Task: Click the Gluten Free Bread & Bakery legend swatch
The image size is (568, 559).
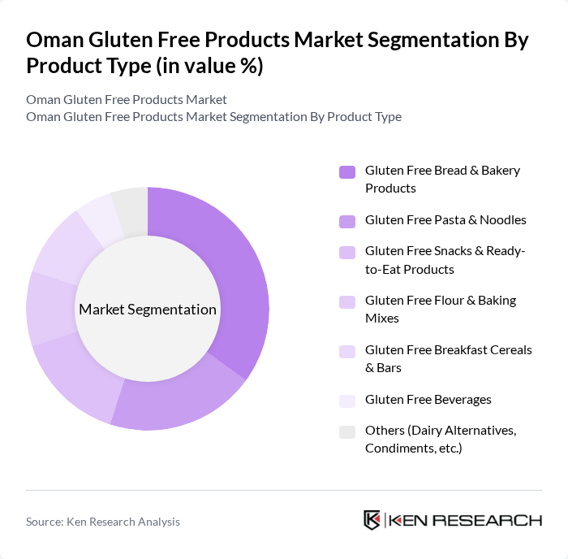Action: tap(347, 171)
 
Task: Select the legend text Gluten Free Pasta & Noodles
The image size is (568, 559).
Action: tap(445, 219)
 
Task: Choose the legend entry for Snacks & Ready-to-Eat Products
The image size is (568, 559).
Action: tap(445, 260)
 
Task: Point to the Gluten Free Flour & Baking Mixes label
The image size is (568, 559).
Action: tap(440, 309)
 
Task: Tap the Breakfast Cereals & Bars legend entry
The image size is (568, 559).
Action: tap(448, 358)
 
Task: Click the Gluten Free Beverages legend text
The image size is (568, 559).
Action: tap(428, 399)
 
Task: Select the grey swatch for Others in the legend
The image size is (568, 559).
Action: tap(347, 431)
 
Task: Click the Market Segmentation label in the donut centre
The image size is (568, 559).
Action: tap(148, 310)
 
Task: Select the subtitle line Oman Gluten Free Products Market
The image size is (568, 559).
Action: tap(127, 99)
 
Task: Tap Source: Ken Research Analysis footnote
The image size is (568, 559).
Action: tap(103, 522)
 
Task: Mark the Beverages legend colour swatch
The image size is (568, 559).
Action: tap(347, 401)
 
